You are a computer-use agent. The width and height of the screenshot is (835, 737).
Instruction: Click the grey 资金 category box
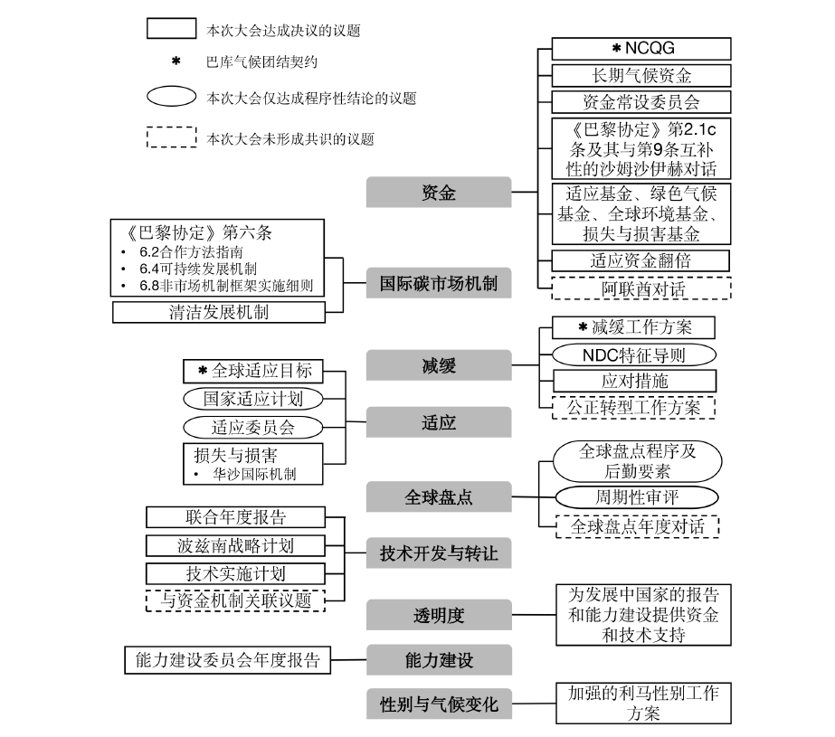pos(438,193)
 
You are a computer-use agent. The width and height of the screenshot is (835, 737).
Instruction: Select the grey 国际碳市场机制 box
pos(438,284)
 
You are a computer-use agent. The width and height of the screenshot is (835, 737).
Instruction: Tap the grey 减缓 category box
pos(438,365)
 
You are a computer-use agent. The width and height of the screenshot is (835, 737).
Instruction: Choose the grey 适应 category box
pos(438,422)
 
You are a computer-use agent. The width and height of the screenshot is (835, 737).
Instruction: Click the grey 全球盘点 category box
pos(438,496)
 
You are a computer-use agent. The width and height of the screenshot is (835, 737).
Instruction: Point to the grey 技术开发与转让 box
pos(438,553)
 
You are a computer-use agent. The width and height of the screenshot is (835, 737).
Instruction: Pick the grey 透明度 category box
pos(438,615)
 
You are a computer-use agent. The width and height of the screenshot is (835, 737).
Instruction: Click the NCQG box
pos(640,48)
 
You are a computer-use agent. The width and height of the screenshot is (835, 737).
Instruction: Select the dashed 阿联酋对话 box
pos(640,288)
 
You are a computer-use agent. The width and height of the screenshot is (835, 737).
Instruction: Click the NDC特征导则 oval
pos(633,354)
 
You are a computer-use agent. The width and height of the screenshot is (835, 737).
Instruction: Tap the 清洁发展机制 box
pos(218,313)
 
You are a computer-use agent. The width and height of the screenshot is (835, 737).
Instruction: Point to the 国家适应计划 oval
pos(252,398)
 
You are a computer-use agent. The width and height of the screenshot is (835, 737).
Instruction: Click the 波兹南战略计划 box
pos(234,545)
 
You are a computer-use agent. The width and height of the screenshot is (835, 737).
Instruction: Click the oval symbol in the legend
pos(171,97)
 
